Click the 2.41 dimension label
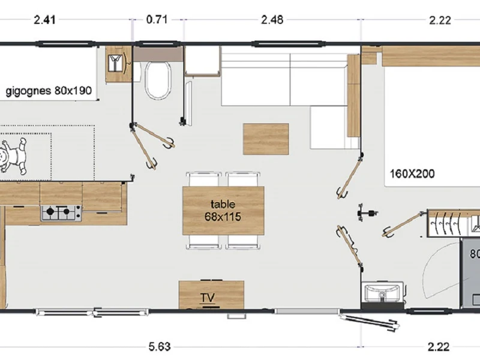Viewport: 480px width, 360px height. click(44, 20)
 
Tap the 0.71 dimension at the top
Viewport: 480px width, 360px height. click(157, 20)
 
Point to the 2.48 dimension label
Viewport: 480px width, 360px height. click(272, 20)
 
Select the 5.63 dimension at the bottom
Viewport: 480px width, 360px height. click(160, 347)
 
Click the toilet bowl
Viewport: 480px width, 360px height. click(158, 80)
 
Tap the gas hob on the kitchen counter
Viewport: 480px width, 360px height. click(61, 213)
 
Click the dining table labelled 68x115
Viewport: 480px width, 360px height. click(223, 211)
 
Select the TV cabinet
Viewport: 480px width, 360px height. click(211, 295)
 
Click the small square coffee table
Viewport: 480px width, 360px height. click(266, 139)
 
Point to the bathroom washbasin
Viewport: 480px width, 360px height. click(383, 293)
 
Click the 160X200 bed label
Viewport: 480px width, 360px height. click(412, 174)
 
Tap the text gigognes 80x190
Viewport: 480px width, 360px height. click(49, 91)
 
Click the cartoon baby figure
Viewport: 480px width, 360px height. click(13, 156)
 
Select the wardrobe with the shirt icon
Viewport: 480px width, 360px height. click(119, 64)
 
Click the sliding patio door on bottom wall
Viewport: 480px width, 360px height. click(92, 312)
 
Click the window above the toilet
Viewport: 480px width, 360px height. click(158, 44)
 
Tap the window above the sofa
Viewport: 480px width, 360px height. click(287, 44)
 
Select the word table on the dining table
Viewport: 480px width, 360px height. click(223, 204)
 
